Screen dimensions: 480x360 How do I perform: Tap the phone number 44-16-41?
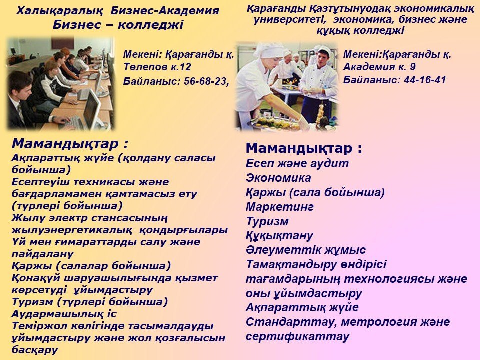[x=425, y=80]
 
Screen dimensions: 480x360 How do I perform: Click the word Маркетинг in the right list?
[x=280, y=207]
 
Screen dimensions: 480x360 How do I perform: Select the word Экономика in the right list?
[x=278, y=178]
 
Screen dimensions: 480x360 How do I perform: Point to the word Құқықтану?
[x=280, y=236]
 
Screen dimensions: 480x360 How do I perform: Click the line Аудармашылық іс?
[x=64, y=314]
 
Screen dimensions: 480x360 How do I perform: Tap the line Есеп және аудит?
[x=297, y=164]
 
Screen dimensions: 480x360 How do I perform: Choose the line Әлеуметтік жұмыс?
[x=306, y=250]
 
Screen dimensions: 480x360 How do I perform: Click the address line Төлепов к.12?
[x=157, y=67]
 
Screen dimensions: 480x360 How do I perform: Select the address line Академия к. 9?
[x=379, y=67]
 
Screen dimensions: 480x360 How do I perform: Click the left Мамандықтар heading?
[x=70, y=144]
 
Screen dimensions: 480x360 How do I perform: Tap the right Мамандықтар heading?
[x=304, y=149]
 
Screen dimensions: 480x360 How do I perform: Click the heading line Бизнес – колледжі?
[x=118, y=25]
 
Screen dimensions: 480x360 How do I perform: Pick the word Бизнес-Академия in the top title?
[x=165, y=11]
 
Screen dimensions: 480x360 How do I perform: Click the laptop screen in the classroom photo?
[x=91, y=109]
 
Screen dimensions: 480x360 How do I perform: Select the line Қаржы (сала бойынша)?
[x=315, y=193]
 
